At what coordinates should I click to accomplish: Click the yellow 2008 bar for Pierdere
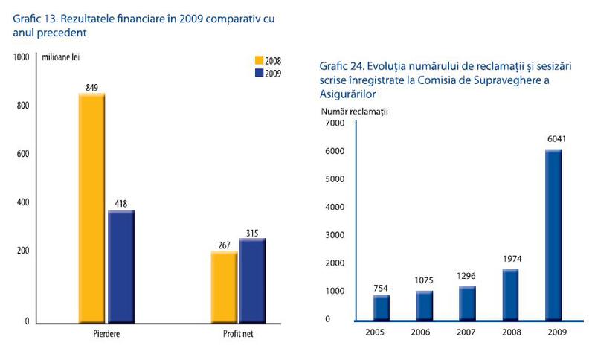tap(91, 208)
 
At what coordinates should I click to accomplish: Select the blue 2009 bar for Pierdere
tap(121, 266)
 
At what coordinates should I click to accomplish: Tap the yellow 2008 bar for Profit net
tap(224, 287)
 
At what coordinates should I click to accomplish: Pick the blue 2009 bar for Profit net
tap(253, 280)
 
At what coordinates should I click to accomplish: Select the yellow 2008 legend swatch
tap(260, 61)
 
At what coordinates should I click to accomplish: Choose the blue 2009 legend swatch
tap(260, 73)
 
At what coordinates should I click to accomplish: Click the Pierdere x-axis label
tap(103, 335)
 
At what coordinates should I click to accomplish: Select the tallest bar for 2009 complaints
tap(553, 235)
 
